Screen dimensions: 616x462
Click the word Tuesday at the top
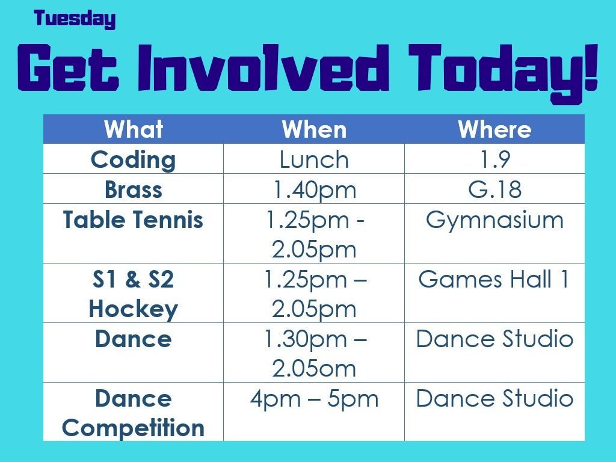(x=75, y=19)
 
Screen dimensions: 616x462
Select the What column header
(x=133, y=129)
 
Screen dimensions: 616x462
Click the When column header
(x=314, y=129)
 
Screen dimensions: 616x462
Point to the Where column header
(x=494, y=129)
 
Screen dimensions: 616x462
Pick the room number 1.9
(x=495, y=159)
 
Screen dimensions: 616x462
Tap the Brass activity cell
(x=133, y=189)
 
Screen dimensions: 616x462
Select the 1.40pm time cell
(x=315, y=189)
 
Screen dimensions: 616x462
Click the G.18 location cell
(x=494, y=189)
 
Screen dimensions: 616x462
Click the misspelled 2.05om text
(x=314, y=369)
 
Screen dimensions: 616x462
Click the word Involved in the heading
(x=263, y=67)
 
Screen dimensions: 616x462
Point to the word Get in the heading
(x=68, y=67)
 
